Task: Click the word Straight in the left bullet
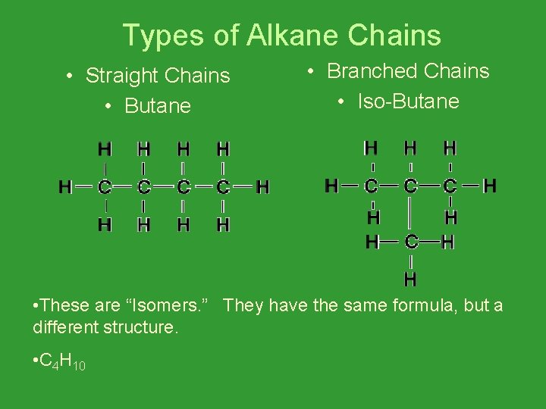coord(121,76)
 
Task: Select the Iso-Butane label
coord(408,101)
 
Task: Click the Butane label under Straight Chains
coord(158,106)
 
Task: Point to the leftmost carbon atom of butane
coord(105,186)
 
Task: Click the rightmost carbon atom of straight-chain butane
coord(223,186)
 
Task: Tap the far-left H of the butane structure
coord(66,186)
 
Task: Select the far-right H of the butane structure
coord(262,186)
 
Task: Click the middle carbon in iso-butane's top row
coord(410,186)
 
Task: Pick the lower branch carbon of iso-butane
coord(410,242)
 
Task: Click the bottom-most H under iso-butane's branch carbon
coord(410,279)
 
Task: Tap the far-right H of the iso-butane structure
coord(490,185)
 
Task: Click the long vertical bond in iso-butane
coord(410,214)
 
